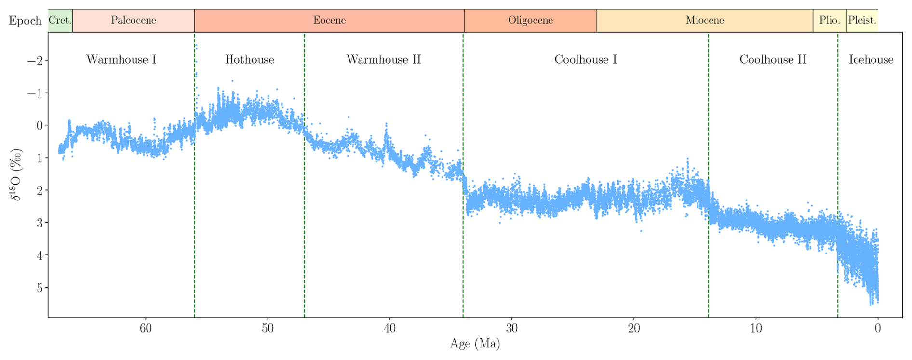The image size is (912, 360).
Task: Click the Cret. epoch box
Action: click(60, 21)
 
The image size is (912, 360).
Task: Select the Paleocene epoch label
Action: click(134, 21)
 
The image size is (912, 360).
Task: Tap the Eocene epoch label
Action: click(329, 21)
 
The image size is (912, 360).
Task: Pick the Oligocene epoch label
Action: click(530, 21)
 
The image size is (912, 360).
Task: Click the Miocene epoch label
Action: click(705, 21)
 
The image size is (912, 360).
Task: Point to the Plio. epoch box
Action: click(830, 21)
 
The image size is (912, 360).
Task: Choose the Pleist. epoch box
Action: click(862, 21)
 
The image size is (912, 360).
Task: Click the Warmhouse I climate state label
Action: click(121, 60)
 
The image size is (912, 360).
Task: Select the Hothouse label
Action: click(249, 60)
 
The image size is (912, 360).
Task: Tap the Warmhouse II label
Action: click(384, 60)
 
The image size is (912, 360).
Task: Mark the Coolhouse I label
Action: click(585, 60)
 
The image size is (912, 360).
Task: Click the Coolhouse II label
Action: click(773, 60)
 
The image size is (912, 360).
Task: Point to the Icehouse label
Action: click(871, 60)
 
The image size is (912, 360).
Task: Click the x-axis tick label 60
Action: click(146, 329)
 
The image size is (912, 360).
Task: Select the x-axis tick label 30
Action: click(511, 329)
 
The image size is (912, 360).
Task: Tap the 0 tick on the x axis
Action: click(877, 329)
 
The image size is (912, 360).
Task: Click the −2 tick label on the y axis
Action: click(36, 61)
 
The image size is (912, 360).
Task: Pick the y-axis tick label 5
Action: click(40, 288)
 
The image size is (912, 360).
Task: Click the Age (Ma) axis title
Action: click(475, 344)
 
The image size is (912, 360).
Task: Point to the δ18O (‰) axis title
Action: click(16, 174)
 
